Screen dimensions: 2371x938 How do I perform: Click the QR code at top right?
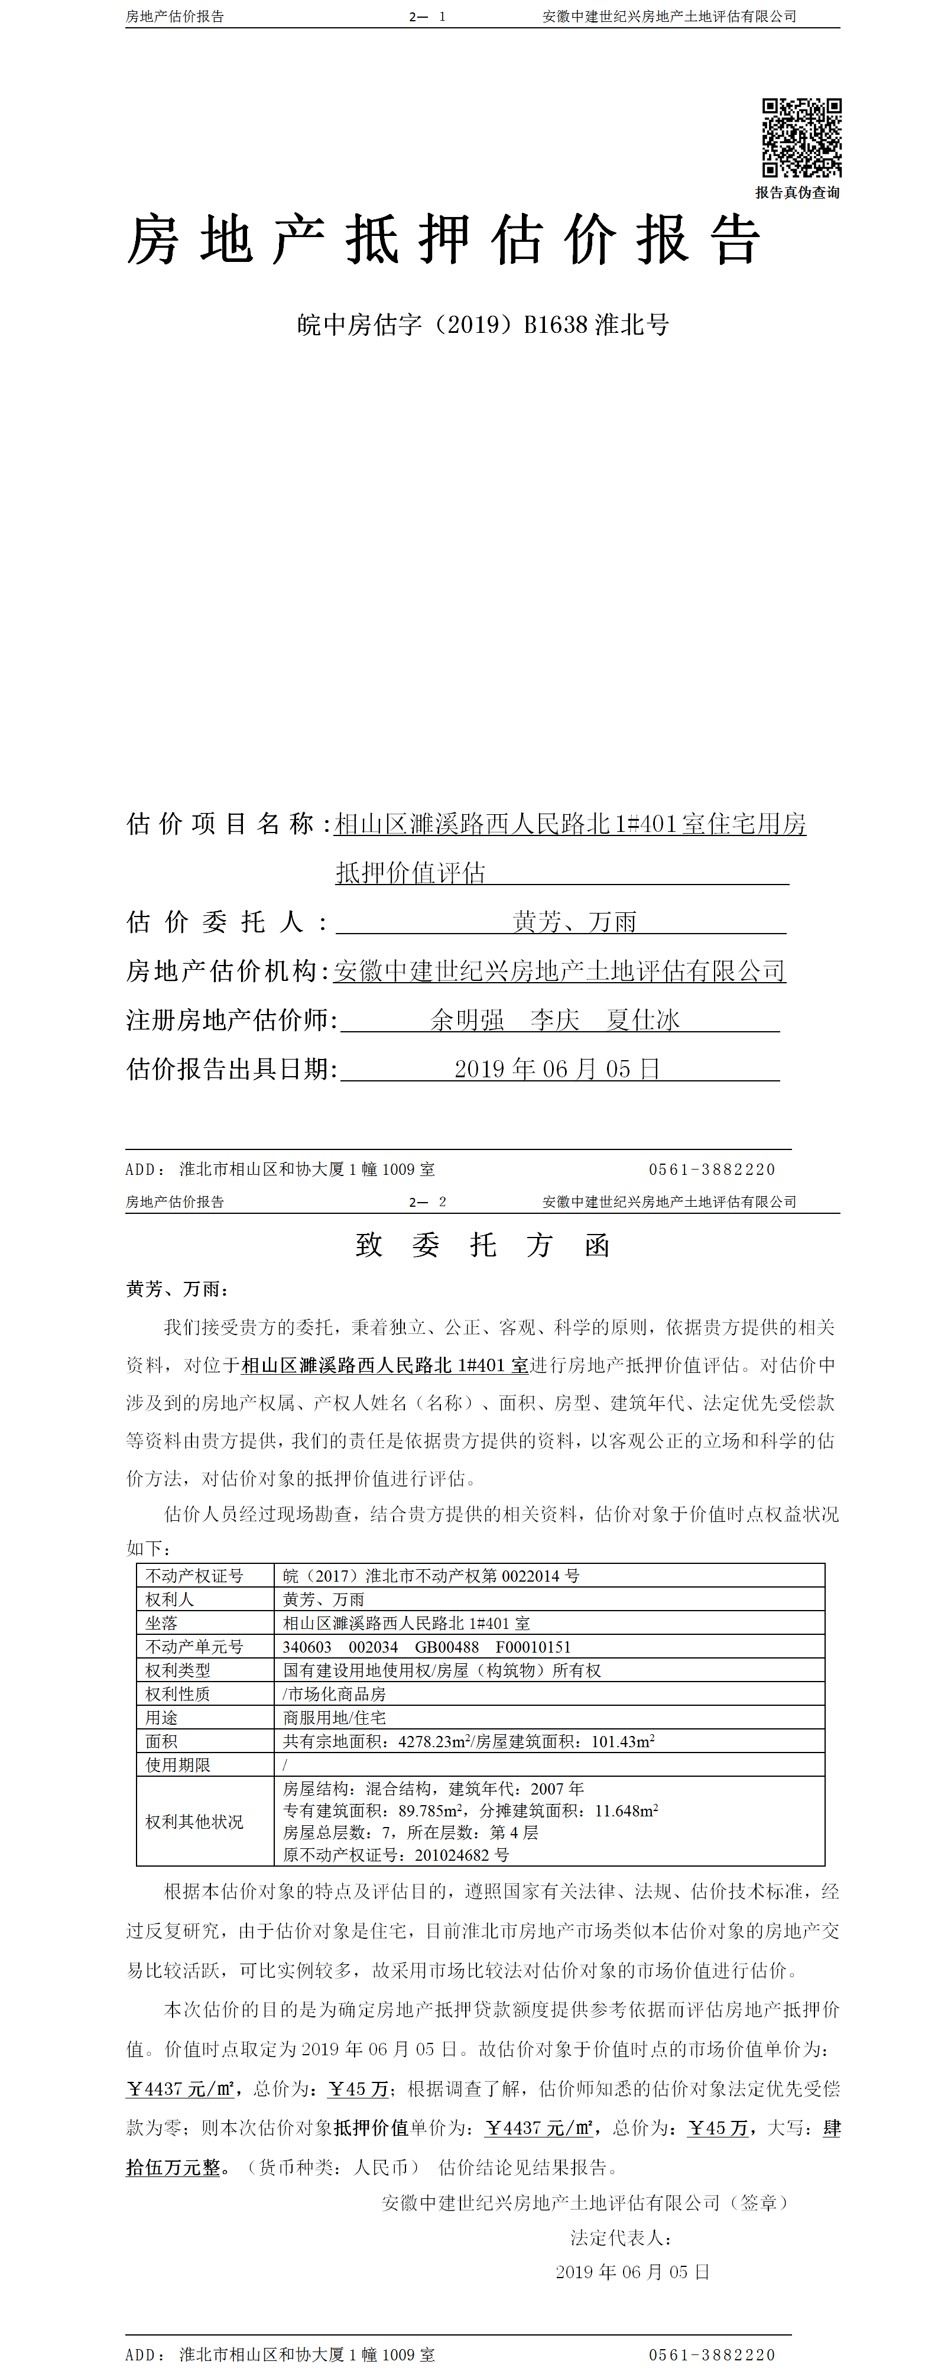pos(801,138)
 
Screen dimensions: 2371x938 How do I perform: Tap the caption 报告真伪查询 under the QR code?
pos(797,192)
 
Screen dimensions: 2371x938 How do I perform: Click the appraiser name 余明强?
pos(468,1020)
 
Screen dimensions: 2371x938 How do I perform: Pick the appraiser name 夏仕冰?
pos(642,1020)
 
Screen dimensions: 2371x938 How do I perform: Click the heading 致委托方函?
pos(482,1245)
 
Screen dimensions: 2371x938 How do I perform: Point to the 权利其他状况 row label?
pos(194,1822)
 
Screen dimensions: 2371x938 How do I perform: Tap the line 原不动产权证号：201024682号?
pos(396,1855)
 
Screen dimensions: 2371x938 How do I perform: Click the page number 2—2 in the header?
pos(428,1202)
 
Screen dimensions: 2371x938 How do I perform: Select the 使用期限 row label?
pos(178,1764)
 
